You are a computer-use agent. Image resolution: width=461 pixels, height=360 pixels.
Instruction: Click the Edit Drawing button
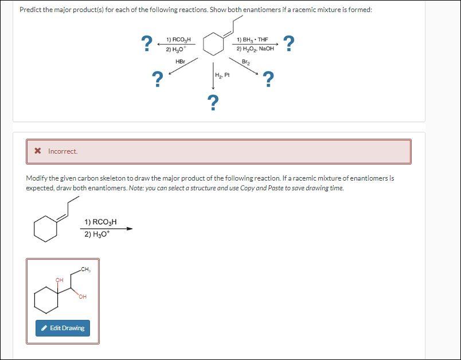[62, 328]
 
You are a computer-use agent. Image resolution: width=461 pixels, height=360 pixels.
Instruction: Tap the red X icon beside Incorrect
[38, 151]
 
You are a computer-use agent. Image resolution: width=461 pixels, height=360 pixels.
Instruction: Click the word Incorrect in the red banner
[62, 151]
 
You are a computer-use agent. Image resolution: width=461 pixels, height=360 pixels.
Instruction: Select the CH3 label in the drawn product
[85, 269]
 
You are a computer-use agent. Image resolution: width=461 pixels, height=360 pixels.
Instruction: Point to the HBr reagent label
[179, 61]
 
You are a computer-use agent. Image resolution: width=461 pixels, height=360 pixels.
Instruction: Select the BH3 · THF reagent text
[252, 40]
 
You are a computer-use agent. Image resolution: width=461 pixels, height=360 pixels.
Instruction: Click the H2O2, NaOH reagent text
[255, 49]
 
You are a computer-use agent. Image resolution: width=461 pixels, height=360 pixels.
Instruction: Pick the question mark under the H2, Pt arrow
[213, 102]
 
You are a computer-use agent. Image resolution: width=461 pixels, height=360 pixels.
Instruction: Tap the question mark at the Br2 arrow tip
[267, 79]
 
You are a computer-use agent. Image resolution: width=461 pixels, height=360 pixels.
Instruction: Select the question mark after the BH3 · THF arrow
[290, 43]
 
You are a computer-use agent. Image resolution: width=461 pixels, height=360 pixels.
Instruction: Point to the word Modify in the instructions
[37, 178]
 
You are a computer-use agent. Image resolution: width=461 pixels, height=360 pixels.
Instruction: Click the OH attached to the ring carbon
[58, 280]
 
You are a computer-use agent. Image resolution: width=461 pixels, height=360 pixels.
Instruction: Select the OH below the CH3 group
[83, 296]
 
